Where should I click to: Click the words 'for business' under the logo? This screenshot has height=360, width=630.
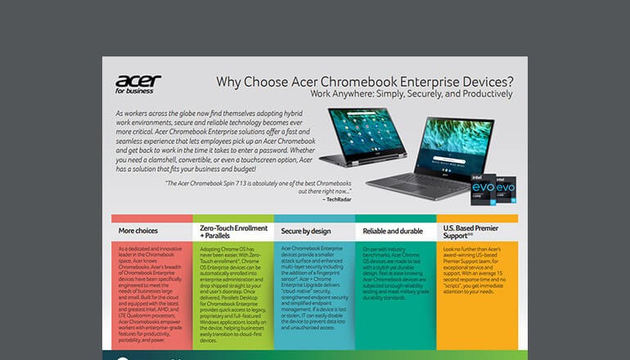(x=139, y=92)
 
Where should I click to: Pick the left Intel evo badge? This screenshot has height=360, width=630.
(x=483, y=187)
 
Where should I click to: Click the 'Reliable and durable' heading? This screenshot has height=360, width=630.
(x=389, y=231)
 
